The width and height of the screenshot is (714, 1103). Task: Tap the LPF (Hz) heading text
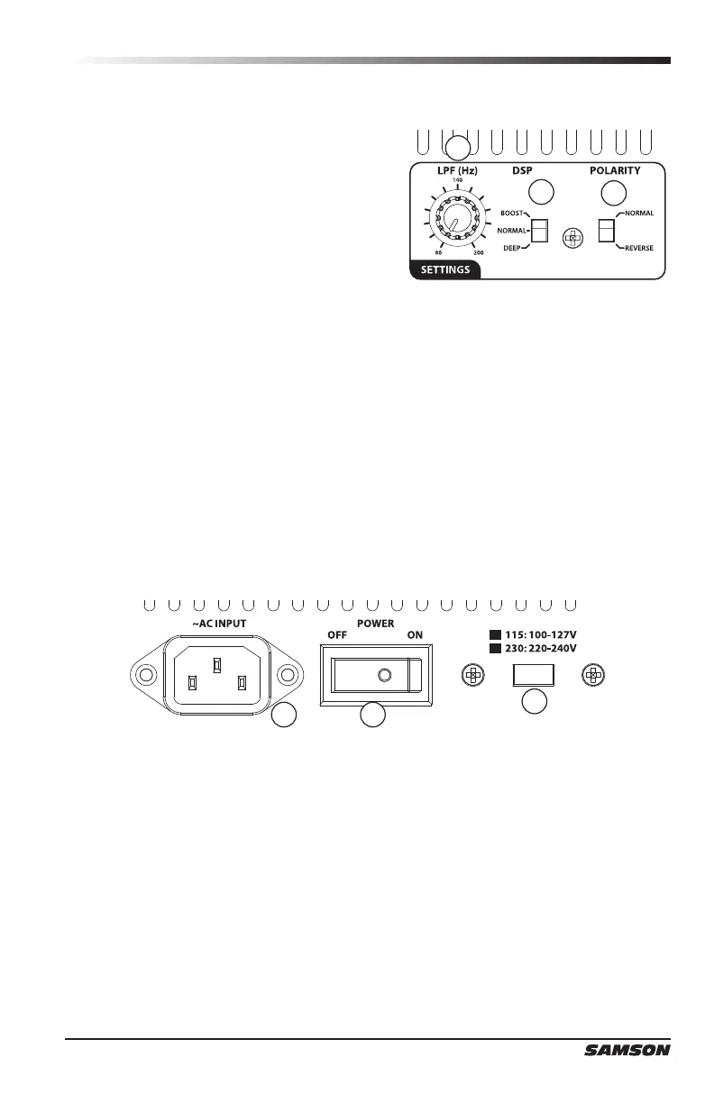click(x=457, y=169)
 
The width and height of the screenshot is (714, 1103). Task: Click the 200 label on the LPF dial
click(x=478, y=253)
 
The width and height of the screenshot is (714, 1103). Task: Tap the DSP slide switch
click(x=539, y=230)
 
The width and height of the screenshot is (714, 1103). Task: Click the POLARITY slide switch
click(x=606, y=230)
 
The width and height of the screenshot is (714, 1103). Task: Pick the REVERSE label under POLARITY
click(x=639, y=247)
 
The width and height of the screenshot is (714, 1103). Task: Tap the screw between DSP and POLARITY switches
click(x=572, y=238)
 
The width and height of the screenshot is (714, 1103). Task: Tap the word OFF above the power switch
click(x=336, y=634)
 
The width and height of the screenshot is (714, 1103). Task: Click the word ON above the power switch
click(x=415, y=634)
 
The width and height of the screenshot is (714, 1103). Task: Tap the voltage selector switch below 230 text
click(x=533, y=674)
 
